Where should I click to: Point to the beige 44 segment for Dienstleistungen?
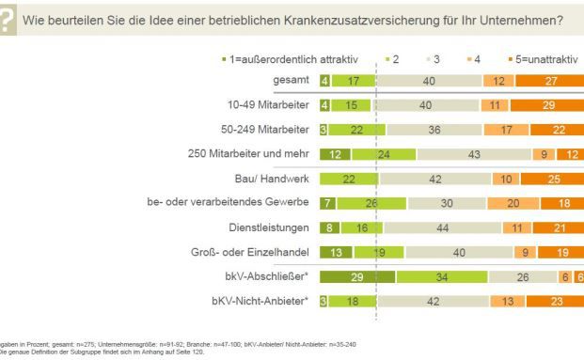pos(443,227)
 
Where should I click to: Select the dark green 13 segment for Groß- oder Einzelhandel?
pos(336,251)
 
